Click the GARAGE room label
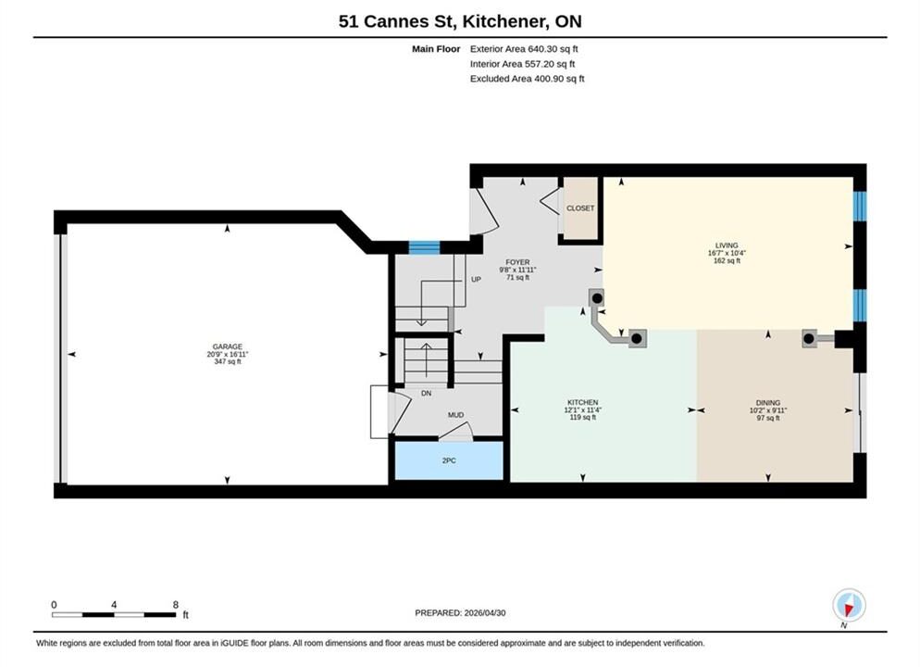pyautogui.click(x=227, y=347)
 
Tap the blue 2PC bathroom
pyautogui.click(x=449, y=461)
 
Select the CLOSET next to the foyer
pyautogui.click(x=580, y=208)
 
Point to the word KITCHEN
pyautogui.click(x=582, y=402)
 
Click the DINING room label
pyautogui.click(x=768, y=403)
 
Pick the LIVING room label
pyautogui.click(x=727, y=245)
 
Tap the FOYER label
pyautogui.click(x=517, y=262)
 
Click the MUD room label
pyautogui.click(x=456, y=415)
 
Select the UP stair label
pyautogui.click(x=476, y=280)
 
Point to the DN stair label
pyautogui.click(x=427, y=394)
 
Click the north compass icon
pyautogui.click(x=849, y=605)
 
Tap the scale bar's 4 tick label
pyautogui.click(x=114, y=605)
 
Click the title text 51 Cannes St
pyautogui.click(x=396, y=21)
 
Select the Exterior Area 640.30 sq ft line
pyautogui.click(x=524, y=49)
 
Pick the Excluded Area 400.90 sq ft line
pyautogui.click(x=527, y=79)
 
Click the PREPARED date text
pyautogui.click(x=460, y=613)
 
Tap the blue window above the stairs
pyautogui.click(x=424, y=247)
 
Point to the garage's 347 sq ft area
pyautogui.click(x=227, y=361)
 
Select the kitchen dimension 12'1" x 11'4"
pyautogui.click(x=582, y=409)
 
